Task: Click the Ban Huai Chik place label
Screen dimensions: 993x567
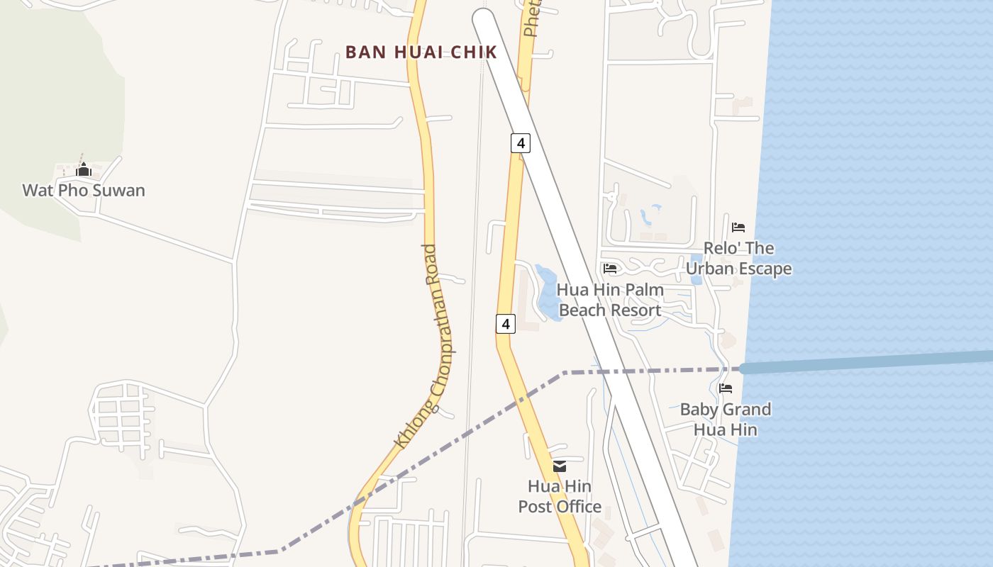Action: pyautogui.click(x=421, y=52)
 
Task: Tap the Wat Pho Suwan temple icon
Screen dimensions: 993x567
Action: pyautogui.click(x=84, y=170)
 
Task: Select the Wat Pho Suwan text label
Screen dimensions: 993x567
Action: pyautogui.click(x=84, y=190)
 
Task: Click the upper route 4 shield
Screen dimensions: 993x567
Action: pyautogui.click(x=520, y=143)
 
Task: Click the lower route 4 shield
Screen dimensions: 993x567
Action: pyautogui.click(x=505, y=325)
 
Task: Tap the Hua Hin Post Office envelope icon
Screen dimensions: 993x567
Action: pyautogui.click(x=560, y=466)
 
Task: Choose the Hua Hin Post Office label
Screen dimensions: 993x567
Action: pyautogui.click(x=560, y=496)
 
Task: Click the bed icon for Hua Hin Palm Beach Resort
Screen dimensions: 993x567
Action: pyautogui.click(x=610, y=269)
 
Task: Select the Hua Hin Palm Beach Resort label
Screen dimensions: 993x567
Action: pyautogui.click(x=610, y=300)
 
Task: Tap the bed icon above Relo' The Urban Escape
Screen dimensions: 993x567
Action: pyautogui.click(x=738, y=228)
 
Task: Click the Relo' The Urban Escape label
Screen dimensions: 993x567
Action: pyautogui.click(x=738, y=259)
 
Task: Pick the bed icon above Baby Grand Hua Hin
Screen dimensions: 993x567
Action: pyautogui.click(x=725, y=388)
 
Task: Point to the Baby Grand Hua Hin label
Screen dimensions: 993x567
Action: pyautogui.click(x=725, y=420)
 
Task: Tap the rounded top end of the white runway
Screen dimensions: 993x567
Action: pyautogui.click(x=483, y=19)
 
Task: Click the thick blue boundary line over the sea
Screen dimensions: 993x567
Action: pyautogui.click(x=865, y=361)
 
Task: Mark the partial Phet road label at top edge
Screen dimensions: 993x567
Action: pyautogui.click(x=532, y=18)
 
